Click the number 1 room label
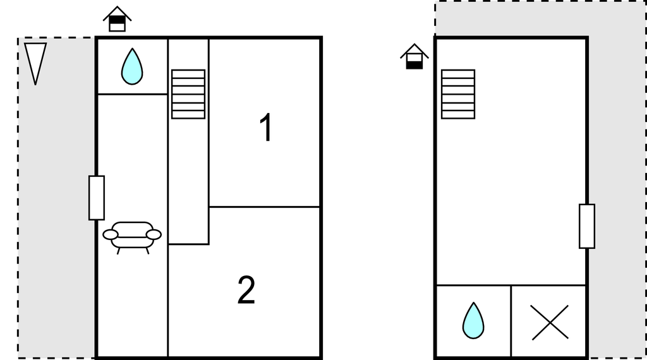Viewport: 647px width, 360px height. coord(267,127)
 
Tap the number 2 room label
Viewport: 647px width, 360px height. coord(246,290)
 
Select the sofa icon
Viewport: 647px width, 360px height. coord(132,237)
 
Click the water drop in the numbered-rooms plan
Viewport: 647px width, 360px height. coord(132,67)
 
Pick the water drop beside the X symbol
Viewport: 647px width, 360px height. coord(473,321)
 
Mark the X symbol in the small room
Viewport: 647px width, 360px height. coord(550,323)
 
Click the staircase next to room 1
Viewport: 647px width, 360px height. coord(188,94)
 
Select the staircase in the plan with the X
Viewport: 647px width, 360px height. coord(458,94)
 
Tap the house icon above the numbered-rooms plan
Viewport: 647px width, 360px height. coord(117,19)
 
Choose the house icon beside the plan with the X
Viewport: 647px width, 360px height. coord(414,56)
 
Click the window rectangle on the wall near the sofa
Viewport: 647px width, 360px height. coord(97,198)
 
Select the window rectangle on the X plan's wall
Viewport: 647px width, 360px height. coord(587,226)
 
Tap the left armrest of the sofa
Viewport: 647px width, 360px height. coord(110,235)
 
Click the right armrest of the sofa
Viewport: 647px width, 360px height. coord(154,235)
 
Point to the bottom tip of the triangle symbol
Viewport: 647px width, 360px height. coord(35,85)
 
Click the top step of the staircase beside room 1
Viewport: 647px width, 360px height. coord(188,74)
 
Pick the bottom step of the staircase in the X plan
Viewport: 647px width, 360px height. coord(458,115)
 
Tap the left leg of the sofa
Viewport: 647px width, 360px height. coord(119,250)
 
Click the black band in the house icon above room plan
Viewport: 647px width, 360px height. coord(117,20)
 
